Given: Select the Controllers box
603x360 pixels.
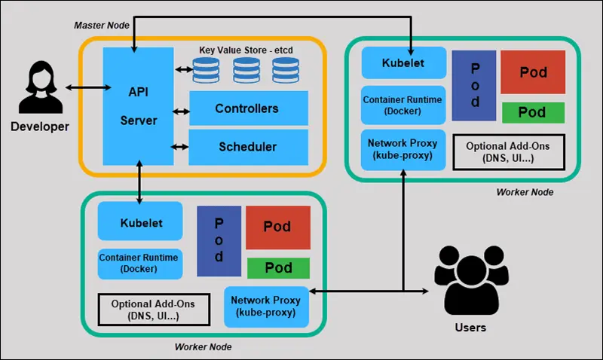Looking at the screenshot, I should (x=247, y=108).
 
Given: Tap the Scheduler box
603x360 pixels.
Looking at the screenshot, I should (x=247, y=146).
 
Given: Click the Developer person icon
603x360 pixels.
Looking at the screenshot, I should (x=39, y=89).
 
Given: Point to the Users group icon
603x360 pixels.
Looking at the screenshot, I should (x=470, y=282).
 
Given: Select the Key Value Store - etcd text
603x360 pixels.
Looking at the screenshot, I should (x=246, y=50).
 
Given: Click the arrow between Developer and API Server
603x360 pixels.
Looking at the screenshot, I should (x=84, y=89).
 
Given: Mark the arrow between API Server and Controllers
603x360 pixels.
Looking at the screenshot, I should (x=181, y=112).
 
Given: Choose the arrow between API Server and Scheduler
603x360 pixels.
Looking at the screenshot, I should (x=181, y=147).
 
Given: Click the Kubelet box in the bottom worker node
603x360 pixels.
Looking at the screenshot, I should (x=141, y=223).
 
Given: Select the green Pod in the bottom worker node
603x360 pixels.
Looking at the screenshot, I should (x=278, y=267).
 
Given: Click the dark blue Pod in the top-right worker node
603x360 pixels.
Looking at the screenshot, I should (x=475, y=86).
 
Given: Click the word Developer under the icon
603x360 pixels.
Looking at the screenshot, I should (x=39, y=127).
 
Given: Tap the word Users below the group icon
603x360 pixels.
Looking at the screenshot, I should (x=470, y=328).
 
